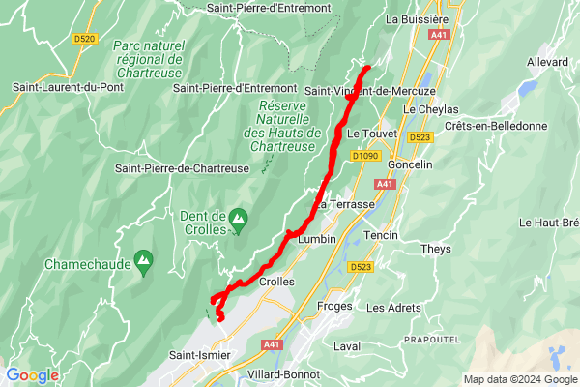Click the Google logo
[x=32, y=375]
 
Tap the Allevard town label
[x=547, y=62]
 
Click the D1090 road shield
[x=365, y=155]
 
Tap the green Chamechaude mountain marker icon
[x=144, y=259]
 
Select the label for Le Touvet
[x=366, y=132]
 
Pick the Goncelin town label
[x=410, y=164]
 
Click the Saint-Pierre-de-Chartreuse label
[x=183, y=168]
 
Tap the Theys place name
[x=436, y=249]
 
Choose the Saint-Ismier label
[x=200, y=355]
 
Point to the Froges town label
[x=335, y=307]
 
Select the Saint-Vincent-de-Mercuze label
[x=370, y=91]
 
